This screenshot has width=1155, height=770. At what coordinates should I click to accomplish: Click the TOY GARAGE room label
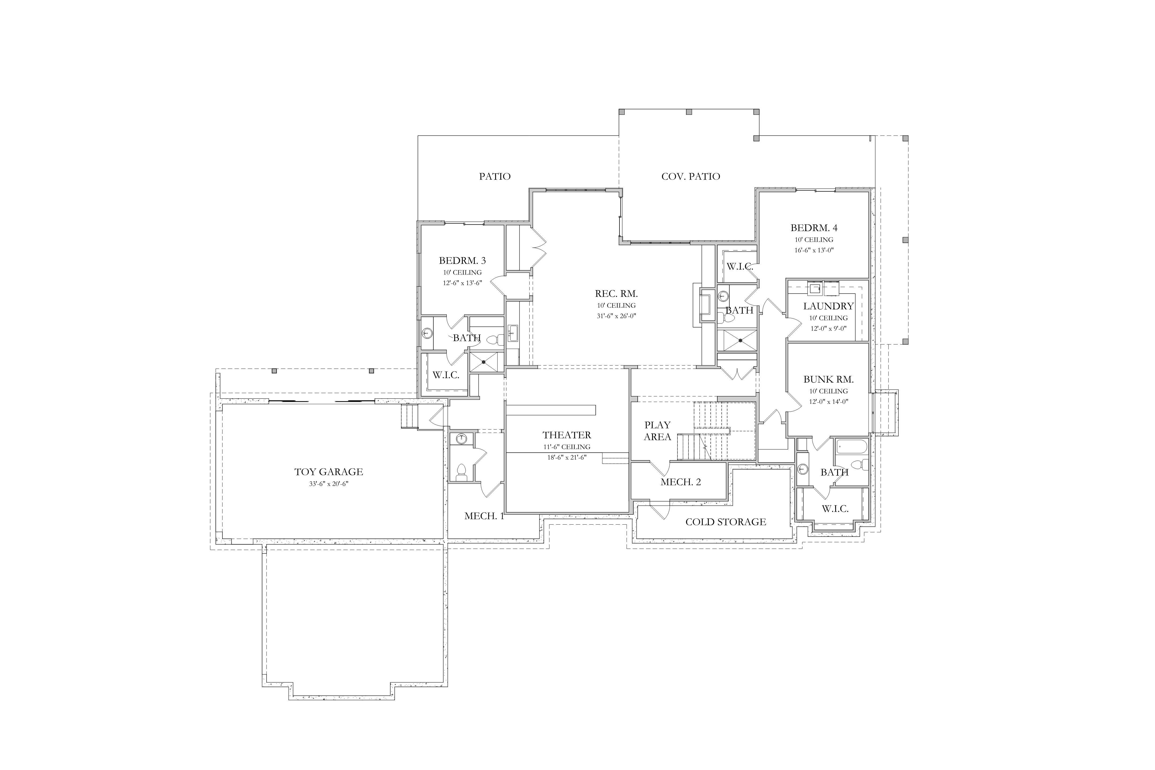point(329,472)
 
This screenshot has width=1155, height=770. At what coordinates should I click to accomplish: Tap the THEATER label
point(567,435)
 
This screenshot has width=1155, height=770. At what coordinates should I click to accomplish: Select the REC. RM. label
point(616,294)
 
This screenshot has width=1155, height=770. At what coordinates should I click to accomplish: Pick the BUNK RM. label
point(829,380)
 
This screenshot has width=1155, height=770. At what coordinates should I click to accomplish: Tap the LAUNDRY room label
point(829,306)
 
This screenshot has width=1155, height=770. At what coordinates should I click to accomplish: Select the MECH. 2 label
point(681,482)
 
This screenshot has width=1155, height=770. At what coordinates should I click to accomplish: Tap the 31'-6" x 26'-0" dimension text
point(616,316)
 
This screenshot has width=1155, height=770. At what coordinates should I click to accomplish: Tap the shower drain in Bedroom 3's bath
point(484,362)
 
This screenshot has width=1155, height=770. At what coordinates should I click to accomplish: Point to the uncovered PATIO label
point(495,176)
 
